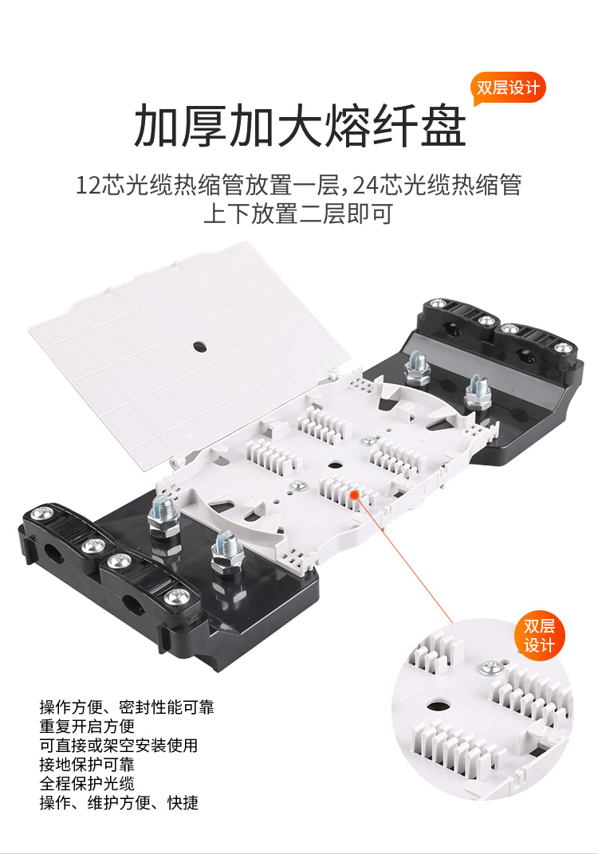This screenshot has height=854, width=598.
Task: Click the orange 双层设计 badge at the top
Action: coord(506,87)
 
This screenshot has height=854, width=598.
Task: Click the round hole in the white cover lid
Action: coord(199,347)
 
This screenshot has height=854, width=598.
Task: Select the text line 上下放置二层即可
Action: coord(298,213)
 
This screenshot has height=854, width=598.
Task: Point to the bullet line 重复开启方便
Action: coord(87,726)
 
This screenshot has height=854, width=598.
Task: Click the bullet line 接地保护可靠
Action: coord(87,764)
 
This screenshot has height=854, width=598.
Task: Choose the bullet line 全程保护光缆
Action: coord(87,783)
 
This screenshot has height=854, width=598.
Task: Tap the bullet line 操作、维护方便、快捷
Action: coord(119,802)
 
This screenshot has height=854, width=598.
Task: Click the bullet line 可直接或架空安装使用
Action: coord(119,745)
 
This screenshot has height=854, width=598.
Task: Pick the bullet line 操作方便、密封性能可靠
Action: coord(127,707)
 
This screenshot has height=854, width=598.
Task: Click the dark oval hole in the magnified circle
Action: coord(437,706)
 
